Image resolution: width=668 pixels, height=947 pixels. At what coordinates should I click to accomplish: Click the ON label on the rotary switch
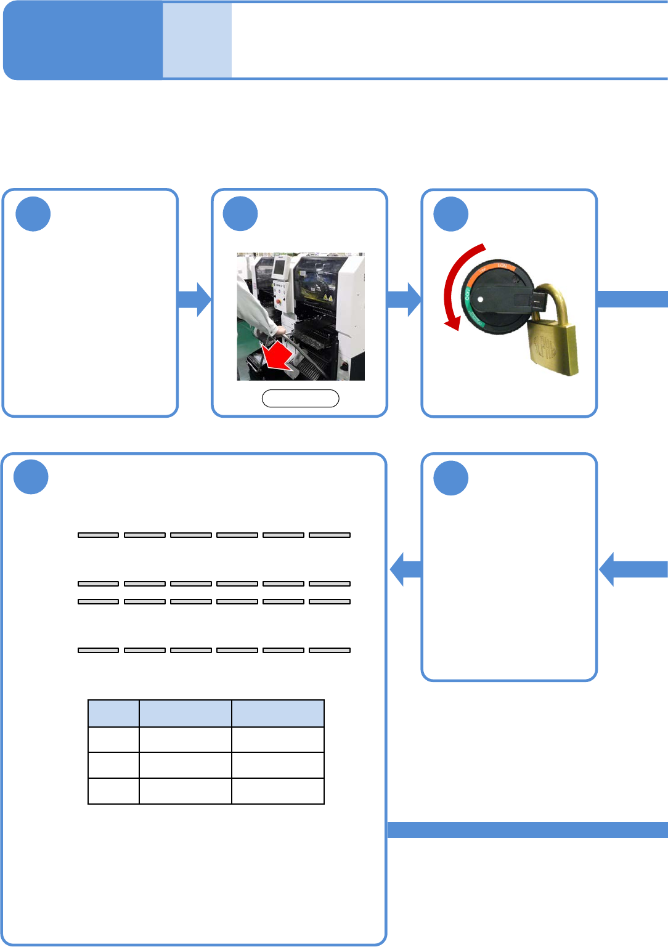point(502,266)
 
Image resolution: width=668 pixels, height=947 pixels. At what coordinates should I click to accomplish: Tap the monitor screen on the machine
point(279,267)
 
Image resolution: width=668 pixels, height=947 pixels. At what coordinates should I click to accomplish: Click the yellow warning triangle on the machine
point(329,298)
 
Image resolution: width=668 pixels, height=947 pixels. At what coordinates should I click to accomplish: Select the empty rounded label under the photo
point(301,399)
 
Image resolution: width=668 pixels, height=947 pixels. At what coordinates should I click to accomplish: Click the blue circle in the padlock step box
point(451,214)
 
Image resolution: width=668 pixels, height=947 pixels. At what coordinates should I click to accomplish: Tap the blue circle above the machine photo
point(240,214)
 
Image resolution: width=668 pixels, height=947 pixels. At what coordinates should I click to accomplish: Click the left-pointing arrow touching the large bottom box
point(405,569)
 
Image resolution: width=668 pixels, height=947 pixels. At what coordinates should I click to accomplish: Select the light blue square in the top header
point(197,40)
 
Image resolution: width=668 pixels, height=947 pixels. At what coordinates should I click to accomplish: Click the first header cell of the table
point(113,713)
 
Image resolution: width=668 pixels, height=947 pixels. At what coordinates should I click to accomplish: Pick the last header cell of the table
point(278,713)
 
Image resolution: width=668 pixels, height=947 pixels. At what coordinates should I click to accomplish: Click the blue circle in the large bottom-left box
point(31,477)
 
